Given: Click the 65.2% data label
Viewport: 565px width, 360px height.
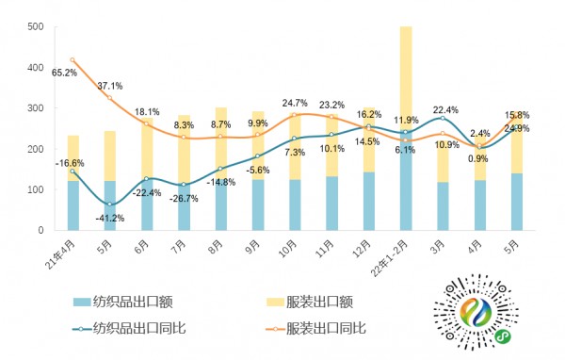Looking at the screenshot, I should [64, 72].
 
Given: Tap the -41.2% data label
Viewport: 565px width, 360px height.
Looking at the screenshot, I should [111, 219].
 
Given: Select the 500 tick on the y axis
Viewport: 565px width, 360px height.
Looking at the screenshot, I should [36, 26].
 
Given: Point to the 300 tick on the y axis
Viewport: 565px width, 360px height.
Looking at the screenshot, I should [36, 108].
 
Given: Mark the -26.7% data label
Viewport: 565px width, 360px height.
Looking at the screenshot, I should [183, 199].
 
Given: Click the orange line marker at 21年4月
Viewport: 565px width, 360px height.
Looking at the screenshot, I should [73, 60].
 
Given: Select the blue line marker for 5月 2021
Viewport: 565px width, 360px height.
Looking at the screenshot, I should [110, 205].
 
